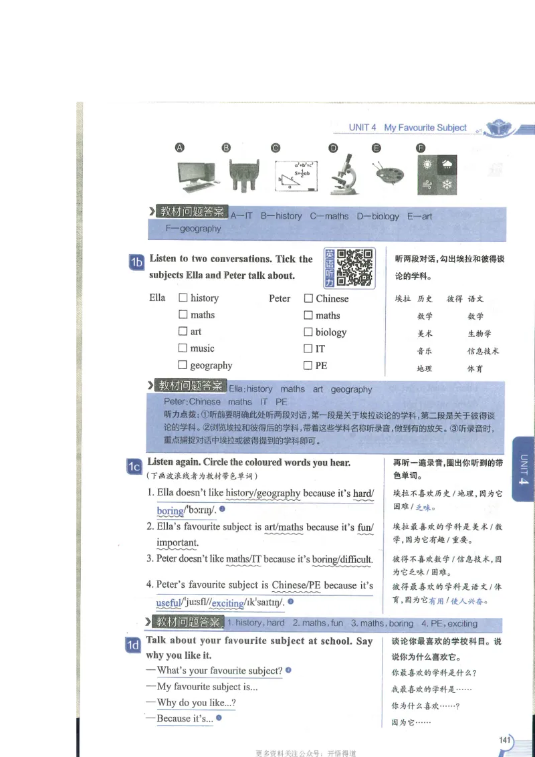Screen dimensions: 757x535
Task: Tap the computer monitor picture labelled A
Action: coord(197,175)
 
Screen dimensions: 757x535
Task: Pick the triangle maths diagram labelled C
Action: coord(296,175)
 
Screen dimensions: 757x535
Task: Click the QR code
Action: coord(354,267)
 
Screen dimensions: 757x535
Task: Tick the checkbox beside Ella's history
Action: coord(183,298)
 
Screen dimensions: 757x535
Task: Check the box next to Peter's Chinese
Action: coord(308,299)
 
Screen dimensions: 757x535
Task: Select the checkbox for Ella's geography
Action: coord(183,365)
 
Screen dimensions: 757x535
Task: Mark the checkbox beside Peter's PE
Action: coord(308,366)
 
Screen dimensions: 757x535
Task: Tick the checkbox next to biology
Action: coord(308,332)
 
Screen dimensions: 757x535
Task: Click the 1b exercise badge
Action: coord(136,263)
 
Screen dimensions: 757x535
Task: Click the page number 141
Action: coord(506,740)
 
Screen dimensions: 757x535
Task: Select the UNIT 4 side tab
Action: coord(523,468)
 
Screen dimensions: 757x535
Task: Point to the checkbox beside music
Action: coord(183,348)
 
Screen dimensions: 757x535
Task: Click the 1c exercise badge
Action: coord(134,467)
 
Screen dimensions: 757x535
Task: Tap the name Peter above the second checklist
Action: coord(280,299)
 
